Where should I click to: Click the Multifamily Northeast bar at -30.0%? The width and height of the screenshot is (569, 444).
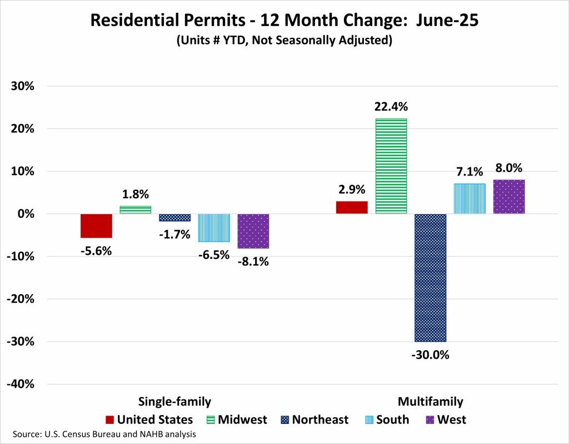point(430,278)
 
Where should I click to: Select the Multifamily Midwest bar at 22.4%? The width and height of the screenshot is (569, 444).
point(391,166)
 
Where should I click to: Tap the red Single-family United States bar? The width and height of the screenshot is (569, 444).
point(96,226)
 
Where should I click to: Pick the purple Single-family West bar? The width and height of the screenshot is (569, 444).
point(253,231)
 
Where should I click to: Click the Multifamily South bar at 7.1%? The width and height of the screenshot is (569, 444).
point(470,199)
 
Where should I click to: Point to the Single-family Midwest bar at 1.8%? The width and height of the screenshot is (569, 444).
point(136,210)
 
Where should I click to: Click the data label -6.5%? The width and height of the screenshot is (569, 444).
point(213,255)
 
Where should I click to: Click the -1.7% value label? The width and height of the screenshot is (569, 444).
point(174,234)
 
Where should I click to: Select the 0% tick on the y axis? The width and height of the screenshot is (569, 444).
point(24,214)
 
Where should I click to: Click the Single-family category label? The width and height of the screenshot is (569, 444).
point(174,402)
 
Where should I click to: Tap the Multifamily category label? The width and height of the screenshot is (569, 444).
point(430,402)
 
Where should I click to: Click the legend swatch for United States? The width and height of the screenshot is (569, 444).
point(109,420)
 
